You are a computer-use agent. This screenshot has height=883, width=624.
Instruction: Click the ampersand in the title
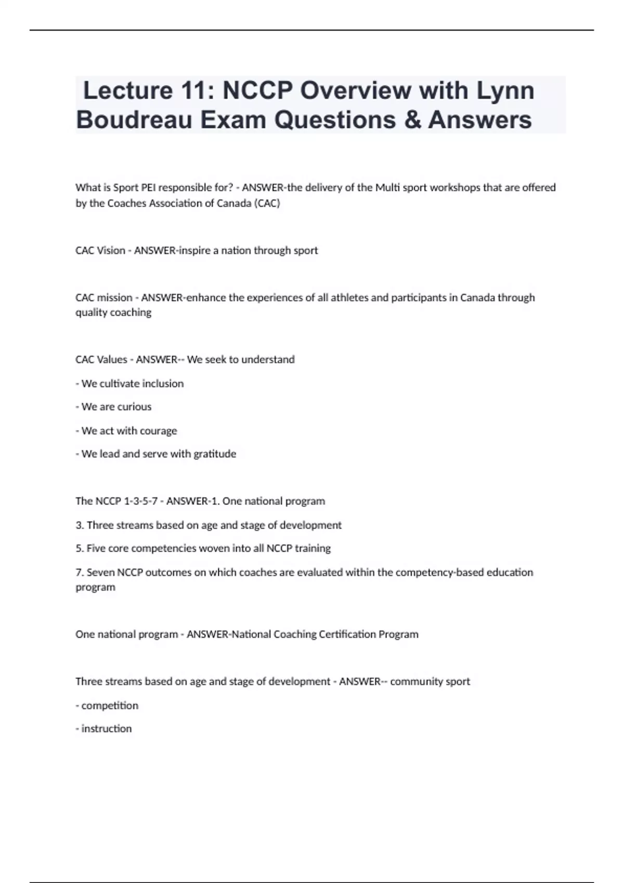tap(412, 120)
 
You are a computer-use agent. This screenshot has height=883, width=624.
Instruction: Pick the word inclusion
tap(163, 384)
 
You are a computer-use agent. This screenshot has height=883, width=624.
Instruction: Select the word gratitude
tap(215, 454)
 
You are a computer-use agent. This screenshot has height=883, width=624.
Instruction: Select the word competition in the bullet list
tap(110, 706)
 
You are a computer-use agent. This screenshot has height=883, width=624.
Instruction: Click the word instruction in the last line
tap(107, 729)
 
